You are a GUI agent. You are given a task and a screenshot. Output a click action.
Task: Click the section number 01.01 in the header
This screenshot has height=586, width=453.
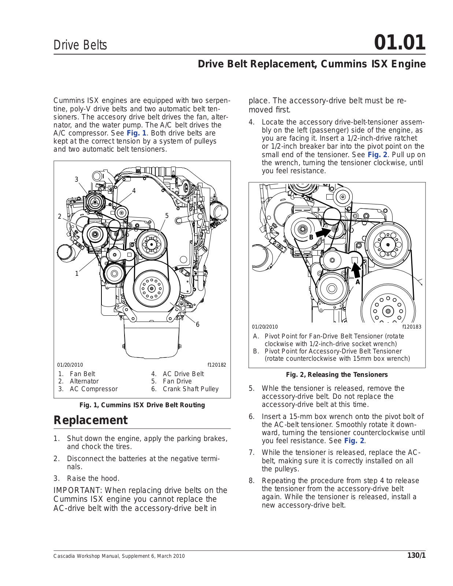click(x=400, y=42)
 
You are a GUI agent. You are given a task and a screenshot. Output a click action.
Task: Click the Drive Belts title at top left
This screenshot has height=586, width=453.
click(x=80, y=45)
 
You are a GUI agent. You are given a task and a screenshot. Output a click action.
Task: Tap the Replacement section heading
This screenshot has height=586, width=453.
click(x=90, y=420)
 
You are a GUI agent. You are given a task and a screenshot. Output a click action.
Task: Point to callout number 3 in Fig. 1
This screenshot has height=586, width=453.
click(x=77, y=179)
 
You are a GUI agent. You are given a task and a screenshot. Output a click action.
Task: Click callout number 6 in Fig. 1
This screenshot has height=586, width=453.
click(x=198, y=324)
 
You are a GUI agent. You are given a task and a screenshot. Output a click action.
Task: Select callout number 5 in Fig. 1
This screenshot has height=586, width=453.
click(x=167, y=216)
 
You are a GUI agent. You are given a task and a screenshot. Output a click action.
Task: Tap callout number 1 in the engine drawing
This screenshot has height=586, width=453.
click(x=77, y=274)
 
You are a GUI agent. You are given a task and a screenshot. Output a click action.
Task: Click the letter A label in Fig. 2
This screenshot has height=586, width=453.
click(x=358, y=282)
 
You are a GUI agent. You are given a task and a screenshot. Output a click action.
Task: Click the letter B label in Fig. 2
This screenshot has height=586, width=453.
click(x=311, y=237)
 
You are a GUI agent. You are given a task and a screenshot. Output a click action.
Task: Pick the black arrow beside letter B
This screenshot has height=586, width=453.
click(x=323, y=232)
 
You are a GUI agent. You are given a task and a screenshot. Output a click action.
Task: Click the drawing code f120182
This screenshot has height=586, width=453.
click(x=217, y=365)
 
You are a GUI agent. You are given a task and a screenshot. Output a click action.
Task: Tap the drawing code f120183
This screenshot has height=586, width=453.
click(x=412, y=327)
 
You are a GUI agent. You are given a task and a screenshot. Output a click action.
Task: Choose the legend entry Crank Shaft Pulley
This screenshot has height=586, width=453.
click(x=190, y=389)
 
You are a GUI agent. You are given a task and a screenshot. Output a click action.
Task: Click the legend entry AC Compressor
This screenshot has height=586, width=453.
click(x=94, y=389)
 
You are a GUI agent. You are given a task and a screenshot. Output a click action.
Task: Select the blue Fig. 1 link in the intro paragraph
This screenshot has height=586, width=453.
click(x=136, y=133)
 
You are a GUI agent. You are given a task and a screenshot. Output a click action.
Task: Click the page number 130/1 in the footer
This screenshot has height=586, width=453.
click(x=416, y=556)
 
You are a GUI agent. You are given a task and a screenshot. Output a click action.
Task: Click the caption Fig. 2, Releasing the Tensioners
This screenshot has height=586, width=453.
click(x=337, y=375)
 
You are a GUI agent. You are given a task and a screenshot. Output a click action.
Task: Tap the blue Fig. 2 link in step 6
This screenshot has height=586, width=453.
click(x=354, y=441)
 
